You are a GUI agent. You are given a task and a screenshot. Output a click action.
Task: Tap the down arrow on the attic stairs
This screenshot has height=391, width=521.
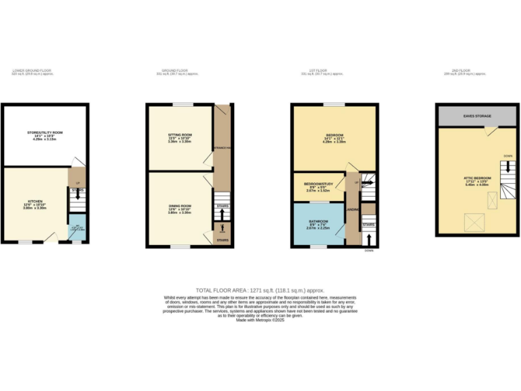507,170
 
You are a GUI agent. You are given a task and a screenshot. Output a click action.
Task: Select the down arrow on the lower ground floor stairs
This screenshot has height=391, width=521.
77,195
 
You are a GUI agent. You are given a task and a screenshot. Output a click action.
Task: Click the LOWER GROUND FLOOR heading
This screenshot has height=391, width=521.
32,70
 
